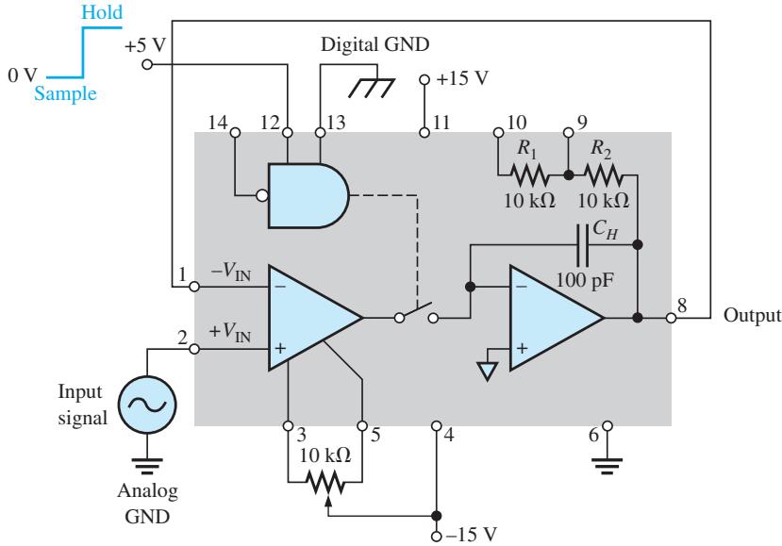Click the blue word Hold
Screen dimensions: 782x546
pyautogui.click(x=102, y=12)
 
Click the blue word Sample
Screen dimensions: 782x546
pyautogui.click(x=65, y=93)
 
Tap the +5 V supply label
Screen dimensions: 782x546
pyautogui.click(x=144, y=46)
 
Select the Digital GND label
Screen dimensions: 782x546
pyautogui.click(x=375, y=44)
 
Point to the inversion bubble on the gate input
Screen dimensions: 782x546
pyautogui.click(x=262, y=195)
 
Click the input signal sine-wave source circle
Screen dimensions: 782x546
pyautogui.click(x=147, y=405)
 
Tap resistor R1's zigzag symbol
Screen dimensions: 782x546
pyautogui.click(x=529, y=175)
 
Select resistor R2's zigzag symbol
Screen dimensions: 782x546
pyautogui.click(x=603, y=175)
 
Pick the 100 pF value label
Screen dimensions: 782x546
pyautogui.click(x=585, y=280)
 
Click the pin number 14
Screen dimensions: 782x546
pyautogui.click(x=218, y=123)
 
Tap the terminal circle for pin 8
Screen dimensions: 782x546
pyautogui.click(x=672, y=317)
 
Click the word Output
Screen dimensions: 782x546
pyautogui.click(x=752, y=315)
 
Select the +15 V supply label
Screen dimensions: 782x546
pyautogui.click(x=462, y=78)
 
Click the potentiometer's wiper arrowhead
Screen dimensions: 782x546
pyautogui.click(x=327, y=499)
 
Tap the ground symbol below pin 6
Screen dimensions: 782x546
pyautogui.click(x=607, y=465)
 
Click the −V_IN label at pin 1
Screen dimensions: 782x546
pyautogui.click(x=231, y=272)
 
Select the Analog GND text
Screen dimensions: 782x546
pyautogui.click(x=147, y=504)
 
